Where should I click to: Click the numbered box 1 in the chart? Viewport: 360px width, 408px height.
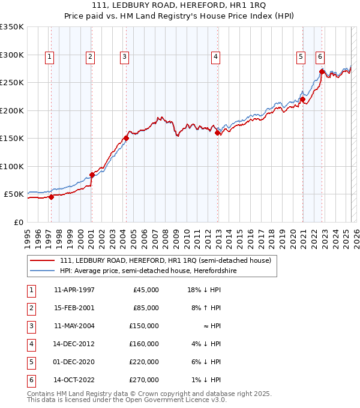point(49,57)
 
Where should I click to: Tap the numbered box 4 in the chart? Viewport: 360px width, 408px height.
point(215,57)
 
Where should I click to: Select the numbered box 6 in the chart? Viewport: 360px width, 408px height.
point(320,57)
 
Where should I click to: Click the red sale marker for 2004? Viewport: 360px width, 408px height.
point(127,139)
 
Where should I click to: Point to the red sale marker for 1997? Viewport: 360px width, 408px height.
point(51,197)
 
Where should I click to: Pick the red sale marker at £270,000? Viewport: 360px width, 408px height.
point(322,72)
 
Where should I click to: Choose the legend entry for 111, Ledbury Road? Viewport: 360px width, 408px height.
point(166,260)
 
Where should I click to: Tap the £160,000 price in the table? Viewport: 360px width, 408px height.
point(146,344)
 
